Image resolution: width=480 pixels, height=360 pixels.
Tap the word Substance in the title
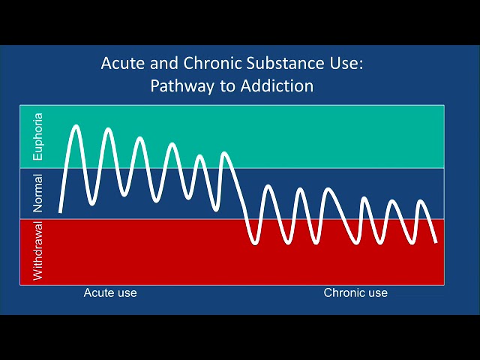(x=285, y=63)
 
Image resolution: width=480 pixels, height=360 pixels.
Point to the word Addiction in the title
(x=277, y=85)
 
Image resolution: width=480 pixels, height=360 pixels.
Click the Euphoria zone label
(x=38, y=136)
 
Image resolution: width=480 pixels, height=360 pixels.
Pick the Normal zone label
(x=38, y=193)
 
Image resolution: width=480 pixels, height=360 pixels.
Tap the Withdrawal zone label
(x=38, y=250)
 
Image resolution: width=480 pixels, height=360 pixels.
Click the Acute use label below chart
(x=110, y=293)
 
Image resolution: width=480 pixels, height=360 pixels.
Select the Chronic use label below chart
(x=355, y=293)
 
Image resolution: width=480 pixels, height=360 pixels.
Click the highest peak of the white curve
(x=76, y=127)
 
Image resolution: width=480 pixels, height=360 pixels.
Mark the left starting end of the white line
(x=60, y=211)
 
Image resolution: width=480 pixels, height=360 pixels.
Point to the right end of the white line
(x=436, y=241)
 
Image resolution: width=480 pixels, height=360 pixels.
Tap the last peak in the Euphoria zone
(x=225, y=153)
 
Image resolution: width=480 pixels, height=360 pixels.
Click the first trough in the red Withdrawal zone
(x=255, y=243)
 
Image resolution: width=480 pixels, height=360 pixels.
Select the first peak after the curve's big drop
(x=268, y=187)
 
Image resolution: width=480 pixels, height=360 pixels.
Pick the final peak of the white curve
(x=421, y=201)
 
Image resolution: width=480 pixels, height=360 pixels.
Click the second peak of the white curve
(x=108, y=130)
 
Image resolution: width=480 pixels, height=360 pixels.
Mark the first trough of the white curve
(x=92, y=203)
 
